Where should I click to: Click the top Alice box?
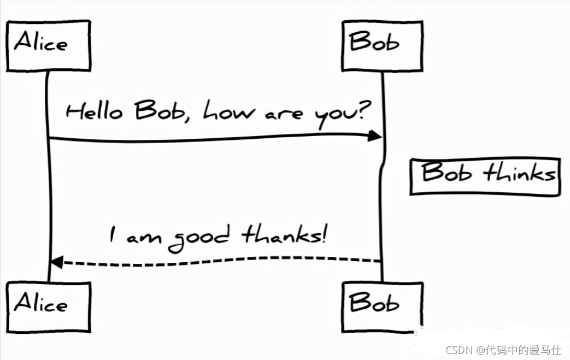coord(48,45)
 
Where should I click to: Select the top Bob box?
coord(382,45)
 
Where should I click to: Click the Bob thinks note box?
coord(485,176)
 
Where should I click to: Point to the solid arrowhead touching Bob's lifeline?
coord(374,135)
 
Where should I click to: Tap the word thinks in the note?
coord(519,174)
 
